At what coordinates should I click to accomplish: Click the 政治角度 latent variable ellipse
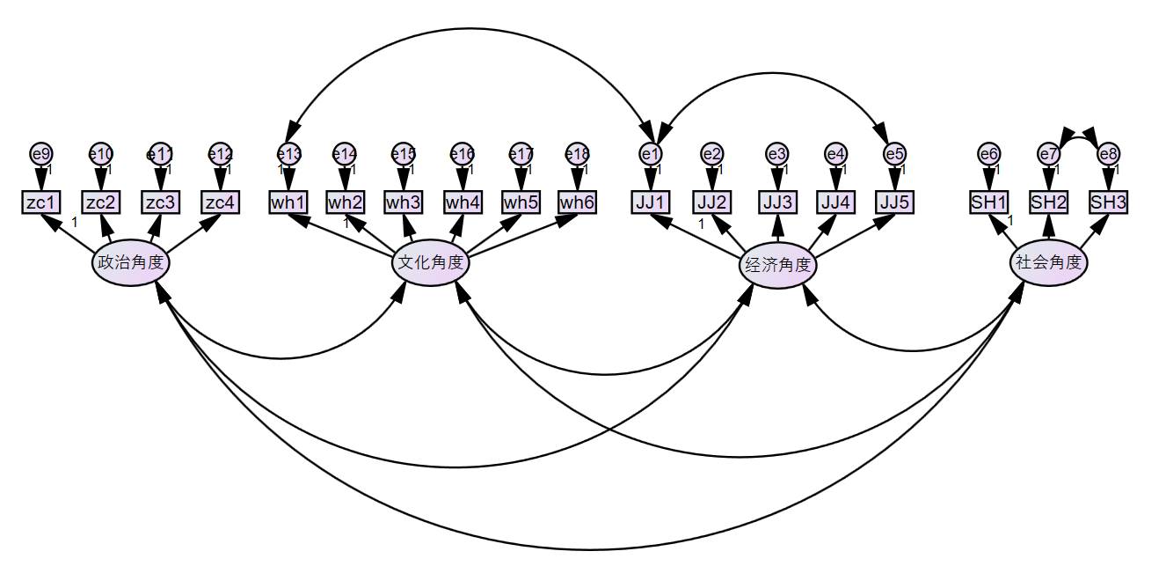pos(131,263)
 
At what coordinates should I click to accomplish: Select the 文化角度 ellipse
pos(431,263)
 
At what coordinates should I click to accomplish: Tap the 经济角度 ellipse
pos(777,265)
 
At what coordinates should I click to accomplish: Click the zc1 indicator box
pos(41,202)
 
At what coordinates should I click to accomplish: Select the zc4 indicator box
pos(219,202)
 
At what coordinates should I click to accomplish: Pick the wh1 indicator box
pos(288,202)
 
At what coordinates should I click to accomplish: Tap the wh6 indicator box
pos(578,202)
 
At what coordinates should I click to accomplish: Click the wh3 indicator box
pos(404,202)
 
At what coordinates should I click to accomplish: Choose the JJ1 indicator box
pos(651,202)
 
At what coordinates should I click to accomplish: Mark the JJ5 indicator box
pos(894,202)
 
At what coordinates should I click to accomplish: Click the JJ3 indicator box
pos(778,202)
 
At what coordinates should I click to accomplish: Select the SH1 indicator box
pos(989,202)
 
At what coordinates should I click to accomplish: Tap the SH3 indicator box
pos(1108,202)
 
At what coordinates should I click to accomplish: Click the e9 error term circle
pos(40,154)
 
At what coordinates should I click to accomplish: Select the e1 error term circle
pos(651,154)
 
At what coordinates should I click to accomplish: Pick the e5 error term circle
pos(894,154)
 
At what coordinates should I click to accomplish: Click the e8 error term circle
pos(1108,154)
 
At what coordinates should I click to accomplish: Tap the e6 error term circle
pos(989,154)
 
